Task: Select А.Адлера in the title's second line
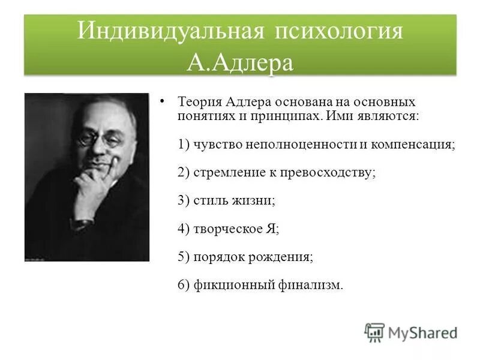pyautogui.click(x=239, y=62)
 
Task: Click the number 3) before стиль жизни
pyautogui.click(x=184, y=200)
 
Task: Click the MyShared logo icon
pyautogui.click(x=374, y=332)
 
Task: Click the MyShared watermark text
pyautogui.click(x=422, y=332)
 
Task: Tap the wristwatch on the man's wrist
pyautogui.click(x=82, y=223)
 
